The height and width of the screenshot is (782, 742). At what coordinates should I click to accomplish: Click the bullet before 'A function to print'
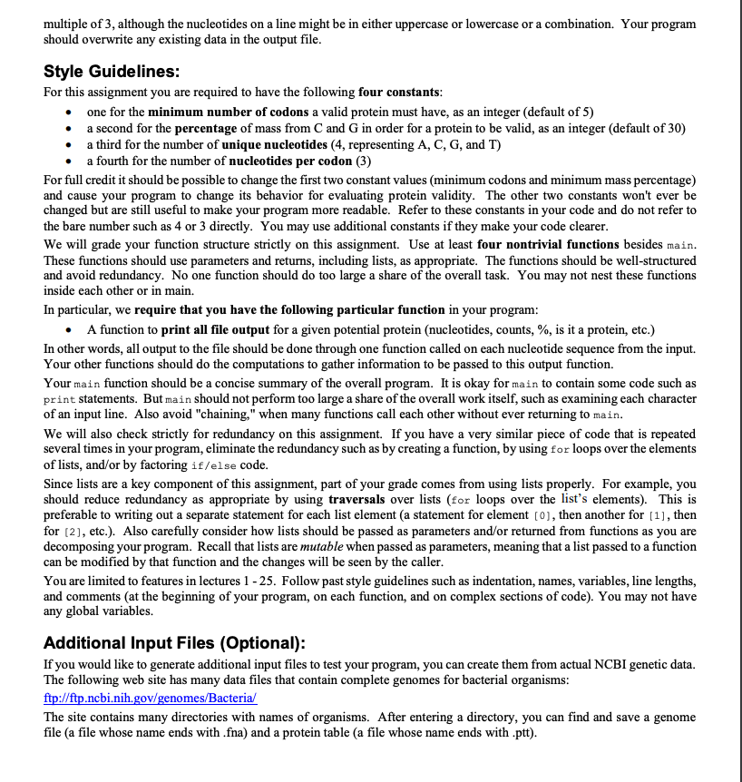(69, 328)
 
